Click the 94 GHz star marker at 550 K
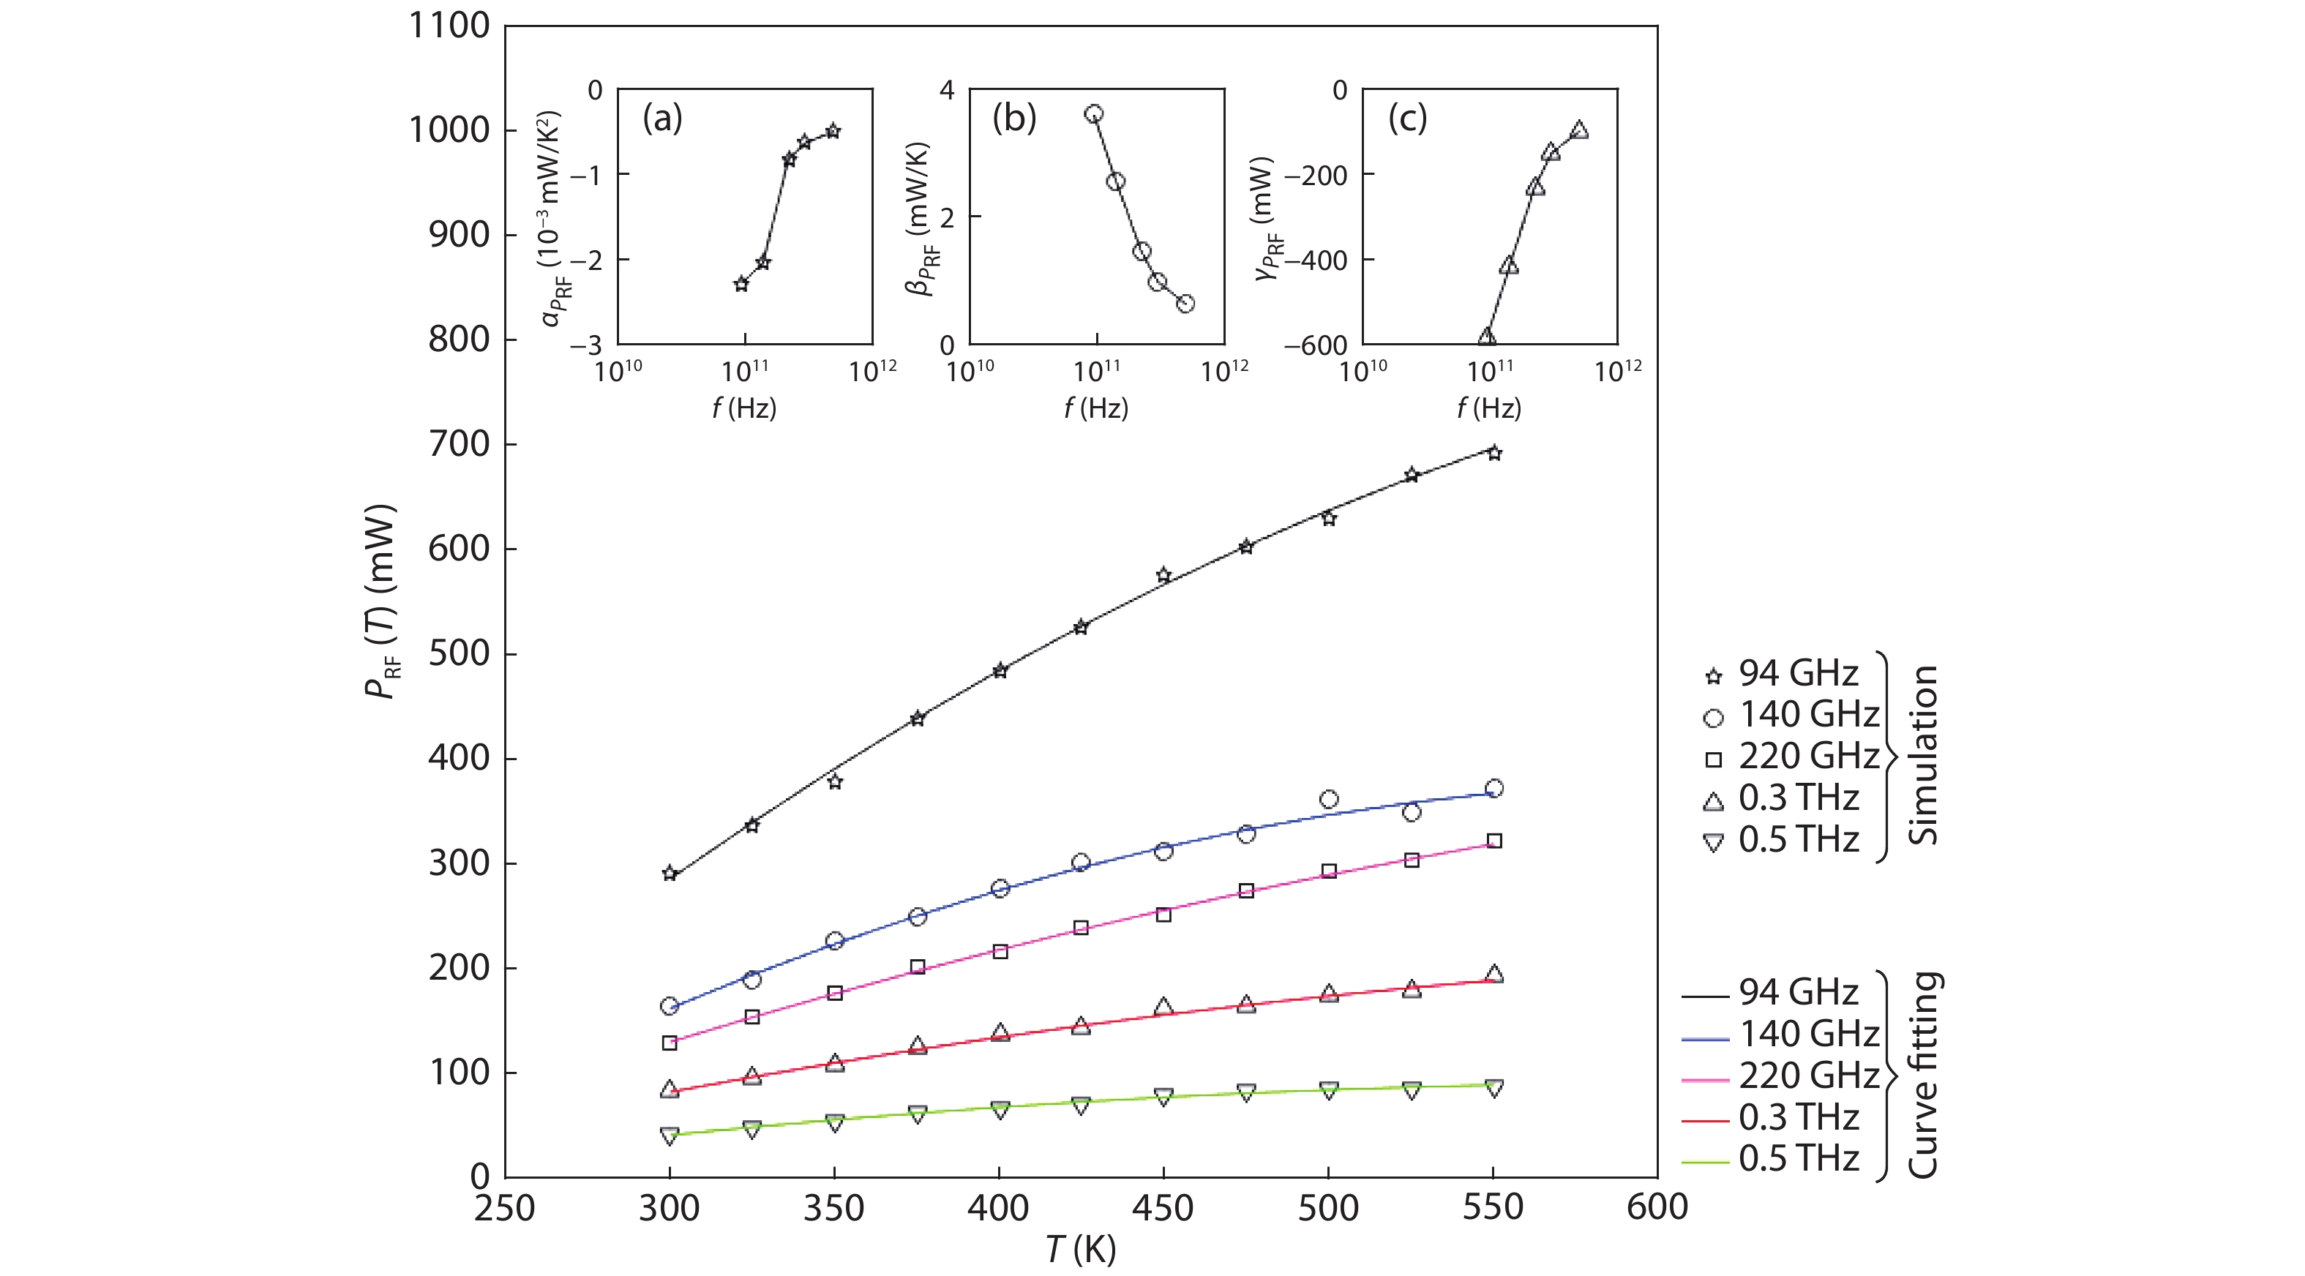pos(1493,453)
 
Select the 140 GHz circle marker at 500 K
pos(1329,799)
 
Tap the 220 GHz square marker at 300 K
pos(670,1043)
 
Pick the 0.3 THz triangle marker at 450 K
pos(1163,1007)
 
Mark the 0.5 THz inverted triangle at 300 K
pos(670,1136)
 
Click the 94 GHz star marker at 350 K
pos(835,782)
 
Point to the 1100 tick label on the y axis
pos(449,26)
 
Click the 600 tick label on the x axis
pos(1657,1208)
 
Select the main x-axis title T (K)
pos(1081,1249)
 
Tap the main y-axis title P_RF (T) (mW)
pos(381,601)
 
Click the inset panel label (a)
pos(662,118)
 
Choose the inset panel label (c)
pos(1406,118)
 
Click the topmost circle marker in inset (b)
pos(1093,113)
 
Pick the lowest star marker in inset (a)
pos(741,285)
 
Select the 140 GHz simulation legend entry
pos(1790,715)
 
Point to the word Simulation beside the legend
pos(1922,754)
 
